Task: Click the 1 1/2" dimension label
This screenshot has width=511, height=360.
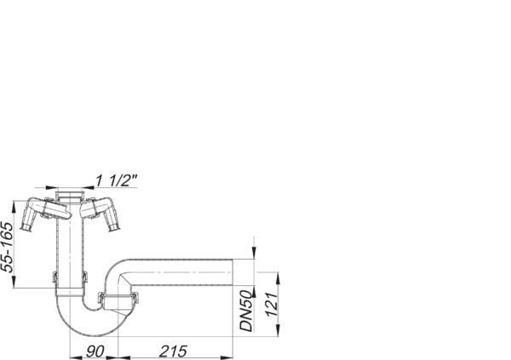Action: point(117,180)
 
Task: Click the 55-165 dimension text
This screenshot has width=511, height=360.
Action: point(8,247)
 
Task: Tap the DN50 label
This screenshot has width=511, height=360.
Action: point(246,311)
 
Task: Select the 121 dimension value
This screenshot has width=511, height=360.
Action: point(272,305)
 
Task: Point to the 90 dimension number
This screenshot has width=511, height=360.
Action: point(95,351)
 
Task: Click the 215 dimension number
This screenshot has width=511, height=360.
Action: point(173,351)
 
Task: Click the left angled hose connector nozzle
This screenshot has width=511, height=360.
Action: point(28,222)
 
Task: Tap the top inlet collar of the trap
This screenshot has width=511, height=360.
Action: point(70,197)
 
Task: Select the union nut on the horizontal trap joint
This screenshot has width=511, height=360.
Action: point(118,299)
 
